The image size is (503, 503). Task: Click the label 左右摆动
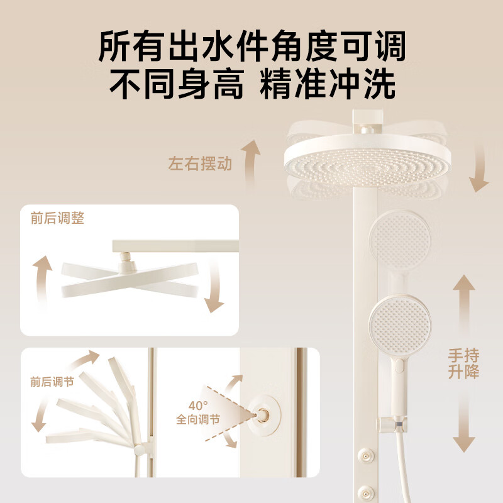pos(200,165)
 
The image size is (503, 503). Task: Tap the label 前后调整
pos(57,219)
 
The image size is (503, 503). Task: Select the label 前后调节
pos(51,382)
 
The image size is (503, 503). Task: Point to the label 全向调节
pos(198,419)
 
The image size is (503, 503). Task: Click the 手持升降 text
pos(463,363)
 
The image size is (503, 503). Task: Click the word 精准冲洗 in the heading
pos(328,84)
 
